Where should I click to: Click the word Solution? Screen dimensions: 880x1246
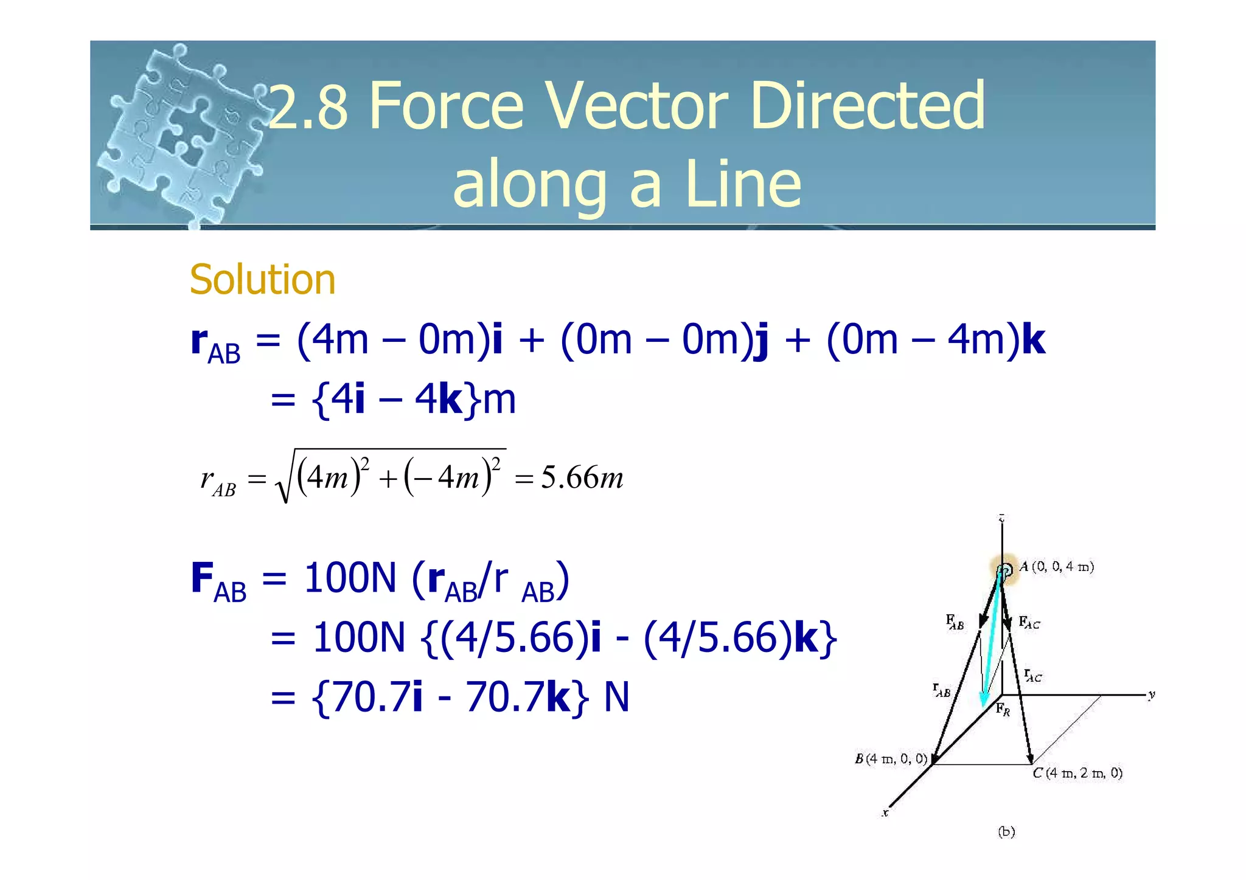262,280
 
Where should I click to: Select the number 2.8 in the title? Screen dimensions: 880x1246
309,108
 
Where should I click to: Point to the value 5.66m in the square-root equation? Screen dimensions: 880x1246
582,478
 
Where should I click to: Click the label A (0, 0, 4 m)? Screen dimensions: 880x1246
1056,567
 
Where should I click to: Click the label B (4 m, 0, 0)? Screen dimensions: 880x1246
891,758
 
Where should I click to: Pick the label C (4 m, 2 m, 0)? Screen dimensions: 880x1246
1077,773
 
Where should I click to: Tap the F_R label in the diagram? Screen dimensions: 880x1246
1003,709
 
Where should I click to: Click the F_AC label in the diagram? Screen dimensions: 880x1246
1029,623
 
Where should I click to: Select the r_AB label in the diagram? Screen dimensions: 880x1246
941,690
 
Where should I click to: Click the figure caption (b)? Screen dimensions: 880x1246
1006,831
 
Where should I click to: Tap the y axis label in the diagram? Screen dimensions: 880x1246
1151,695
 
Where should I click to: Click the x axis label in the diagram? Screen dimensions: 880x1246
886,812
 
